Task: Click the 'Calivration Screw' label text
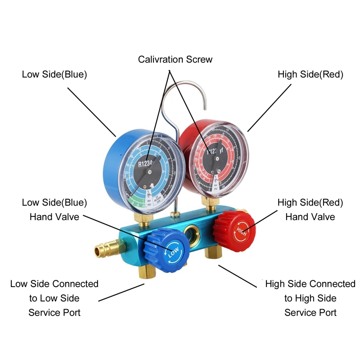tap(175, 59)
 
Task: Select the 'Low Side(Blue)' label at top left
tap(54, 75)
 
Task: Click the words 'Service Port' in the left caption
tap(54, 312)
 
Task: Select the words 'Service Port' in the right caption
tap(310, 312)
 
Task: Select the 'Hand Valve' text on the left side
tap(54, 217)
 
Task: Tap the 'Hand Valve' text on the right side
tap(310, 217)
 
